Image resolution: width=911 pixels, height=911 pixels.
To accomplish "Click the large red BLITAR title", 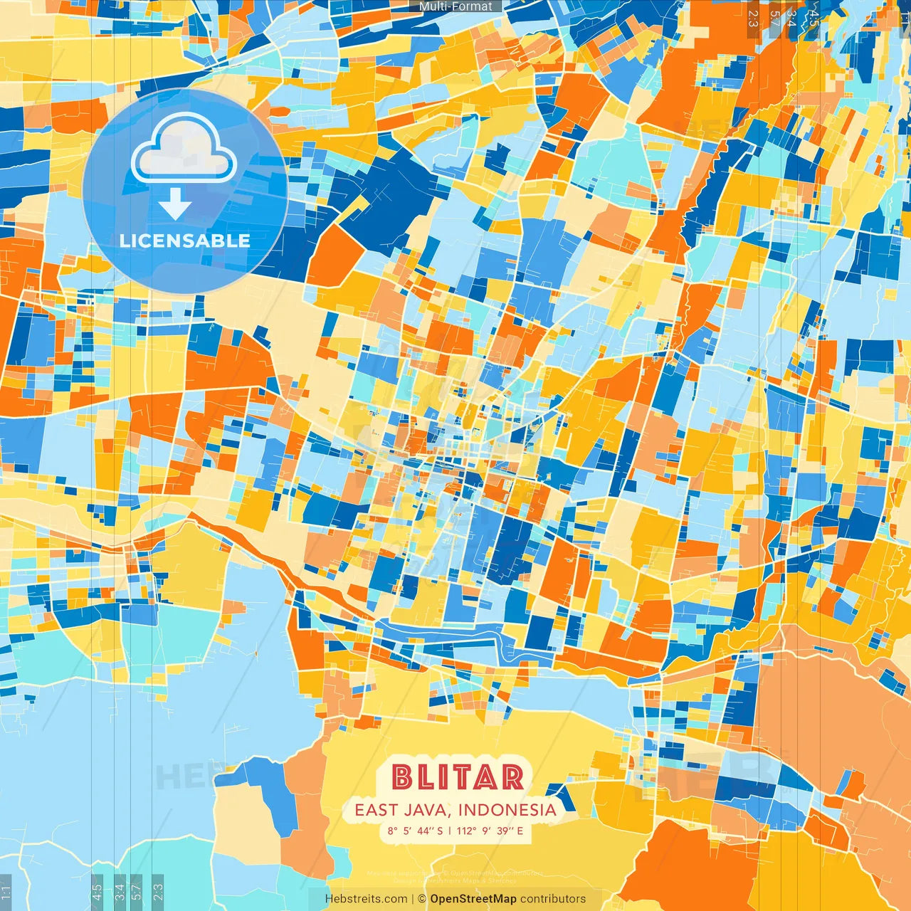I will [457, 777].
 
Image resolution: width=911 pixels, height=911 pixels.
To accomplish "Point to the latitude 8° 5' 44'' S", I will [415, 831].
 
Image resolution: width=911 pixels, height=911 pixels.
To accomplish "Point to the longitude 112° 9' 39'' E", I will [490, 831].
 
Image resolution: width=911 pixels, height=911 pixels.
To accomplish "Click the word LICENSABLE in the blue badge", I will [185, 241].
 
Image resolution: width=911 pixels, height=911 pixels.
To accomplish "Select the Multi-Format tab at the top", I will [455, 6].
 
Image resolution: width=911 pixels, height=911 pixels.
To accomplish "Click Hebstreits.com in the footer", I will [366, 899].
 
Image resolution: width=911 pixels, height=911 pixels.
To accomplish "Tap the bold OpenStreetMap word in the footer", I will [473, 899].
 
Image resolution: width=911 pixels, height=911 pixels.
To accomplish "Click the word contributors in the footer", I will [553, 899].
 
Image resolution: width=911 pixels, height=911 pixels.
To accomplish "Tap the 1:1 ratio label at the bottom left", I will [6, 892].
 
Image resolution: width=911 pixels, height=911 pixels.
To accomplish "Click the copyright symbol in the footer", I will [421, 899].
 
